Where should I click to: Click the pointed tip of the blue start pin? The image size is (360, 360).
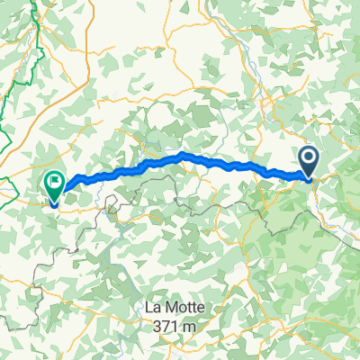[309, 180]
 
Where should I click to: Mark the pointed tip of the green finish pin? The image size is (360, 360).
[54, 205]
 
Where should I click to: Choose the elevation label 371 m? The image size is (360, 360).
[179, 325]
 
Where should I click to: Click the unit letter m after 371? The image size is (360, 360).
[200, 326]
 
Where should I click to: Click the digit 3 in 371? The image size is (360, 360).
[163, 325]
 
